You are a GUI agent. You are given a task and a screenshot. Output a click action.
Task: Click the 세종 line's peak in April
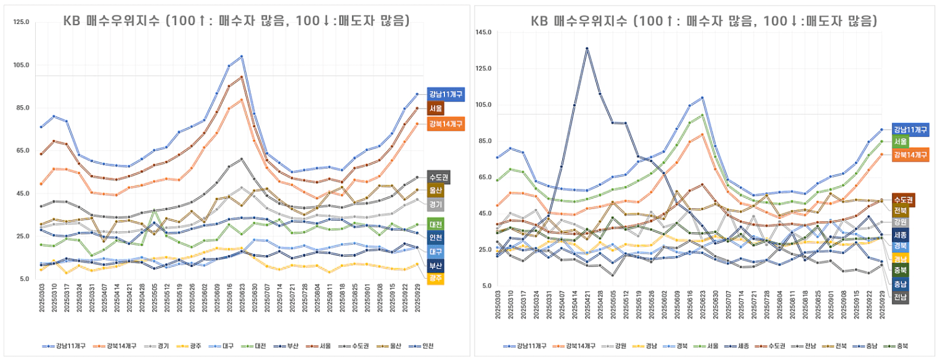[x=587, y=48]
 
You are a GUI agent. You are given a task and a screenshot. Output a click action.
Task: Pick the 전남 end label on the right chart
[x=901, y=297]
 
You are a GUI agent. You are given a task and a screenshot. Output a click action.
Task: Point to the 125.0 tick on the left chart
[x=21, y=22]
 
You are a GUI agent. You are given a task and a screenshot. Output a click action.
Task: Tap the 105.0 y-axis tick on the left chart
[x=21, y=65]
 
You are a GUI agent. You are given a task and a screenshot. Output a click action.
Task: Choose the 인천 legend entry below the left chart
[x=425, y=346]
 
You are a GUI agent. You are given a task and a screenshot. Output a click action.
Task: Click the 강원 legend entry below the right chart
[x=619, y=346]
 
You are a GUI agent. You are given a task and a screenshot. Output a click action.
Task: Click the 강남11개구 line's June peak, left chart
[x=241, y=56]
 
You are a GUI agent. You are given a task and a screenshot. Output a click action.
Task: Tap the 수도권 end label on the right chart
[x=904, y=200]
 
